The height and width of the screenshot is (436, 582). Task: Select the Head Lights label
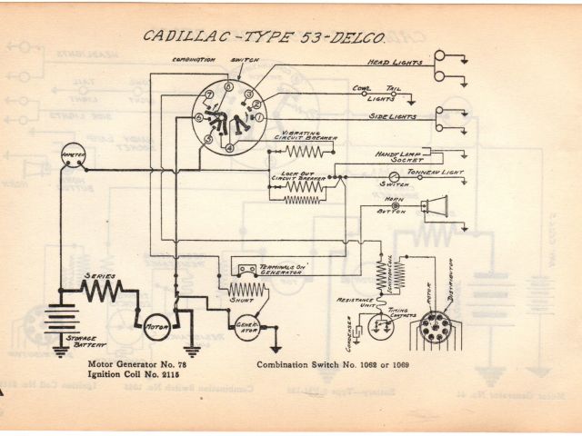(x=393, y=63)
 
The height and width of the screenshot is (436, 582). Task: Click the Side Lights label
(x=392, y=118)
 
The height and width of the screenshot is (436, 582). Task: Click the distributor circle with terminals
(x=438, y=327)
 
